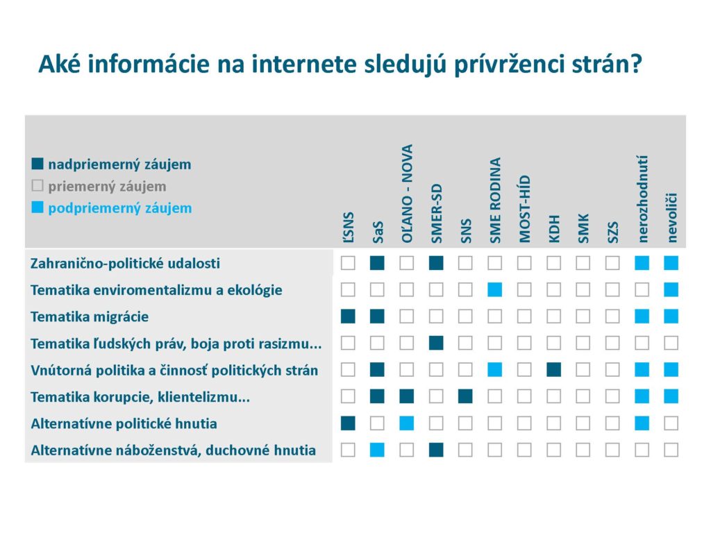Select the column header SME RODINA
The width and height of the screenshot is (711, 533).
click(x=495, y=200)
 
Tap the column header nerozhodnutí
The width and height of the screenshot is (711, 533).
click(x=642, y=198)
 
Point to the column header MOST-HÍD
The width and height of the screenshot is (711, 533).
click(x=525, y=208)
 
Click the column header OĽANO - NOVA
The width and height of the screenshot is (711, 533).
click(x=407, y=193)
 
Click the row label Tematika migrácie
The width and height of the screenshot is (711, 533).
click(x=90, y=316)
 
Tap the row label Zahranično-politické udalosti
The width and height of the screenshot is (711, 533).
click(x=125, y=264)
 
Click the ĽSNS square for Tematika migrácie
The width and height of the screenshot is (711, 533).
click(x=348, y=316)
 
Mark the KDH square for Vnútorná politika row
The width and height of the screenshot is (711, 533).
click(x=553, y=370)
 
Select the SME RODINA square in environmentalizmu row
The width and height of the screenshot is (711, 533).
click(x=495, y=290)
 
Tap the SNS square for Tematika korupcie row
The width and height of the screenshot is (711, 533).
click(x=465, y=396)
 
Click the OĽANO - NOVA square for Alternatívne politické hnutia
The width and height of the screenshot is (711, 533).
click(x=407, y=423)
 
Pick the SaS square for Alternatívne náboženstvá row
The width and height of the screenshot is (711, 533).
click(x=378, y=450)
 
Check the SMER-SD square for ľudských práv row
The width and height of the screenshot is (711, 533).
click(x=436, y=343)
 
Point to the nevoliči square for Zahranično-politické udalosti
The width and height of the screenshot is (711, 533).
click(x=671, y=263)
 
